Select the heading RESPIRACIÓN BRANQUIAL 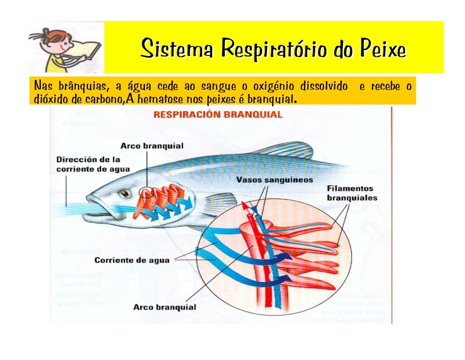218,114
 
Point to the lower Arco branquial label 164,307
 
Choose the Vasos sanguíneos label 274,180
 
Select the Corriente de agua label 132,260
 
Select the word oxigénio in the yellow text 273,86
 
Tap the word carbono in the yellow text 105,99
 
